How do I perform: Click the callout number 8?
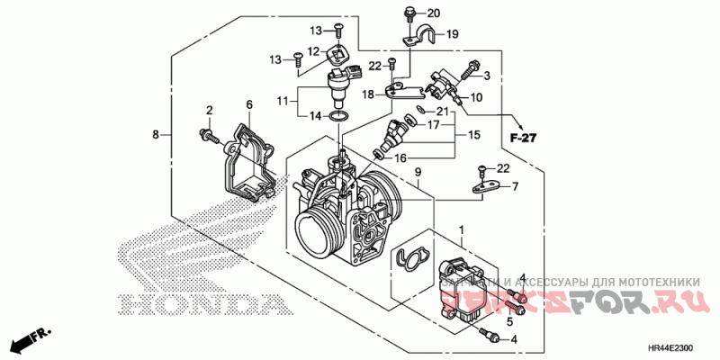click(x=155, y=135)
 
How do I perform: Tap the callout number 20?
click(x=433, y=13)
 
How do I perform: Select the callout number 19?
click(x=452, y=35)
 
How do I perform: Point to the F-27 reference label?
click(x=521, y=138)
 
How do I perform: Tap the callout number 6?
click(x=249, y=104)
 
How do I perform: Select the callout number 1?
click(x=462, y=230)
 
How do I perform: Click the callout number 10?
click(x=476, y=97)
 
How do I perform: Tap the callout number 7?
click(x=515, y=186)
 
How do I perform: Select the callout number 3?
click(x=487, y=76)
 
